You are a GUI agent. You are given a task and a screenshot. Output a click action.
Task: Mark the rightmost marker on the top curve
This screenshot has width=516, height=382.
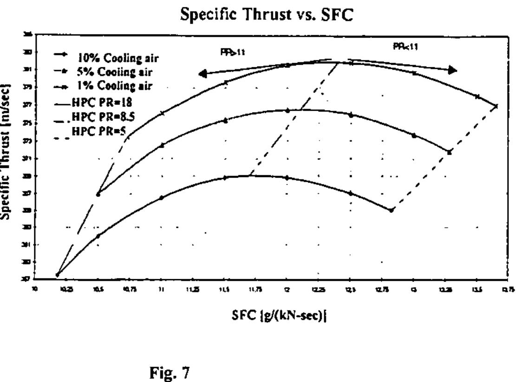496,106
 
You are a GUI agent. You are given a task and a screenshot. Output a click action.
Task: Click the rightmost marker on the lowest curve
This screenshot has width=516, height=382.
392,210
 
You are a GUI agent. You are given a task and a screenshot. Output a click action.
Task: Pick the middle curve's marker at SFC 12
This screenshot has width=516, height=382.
287,111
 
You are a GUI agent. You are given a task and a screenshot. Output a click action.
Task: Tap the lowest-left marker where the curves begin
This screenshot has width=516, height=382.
57,275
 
